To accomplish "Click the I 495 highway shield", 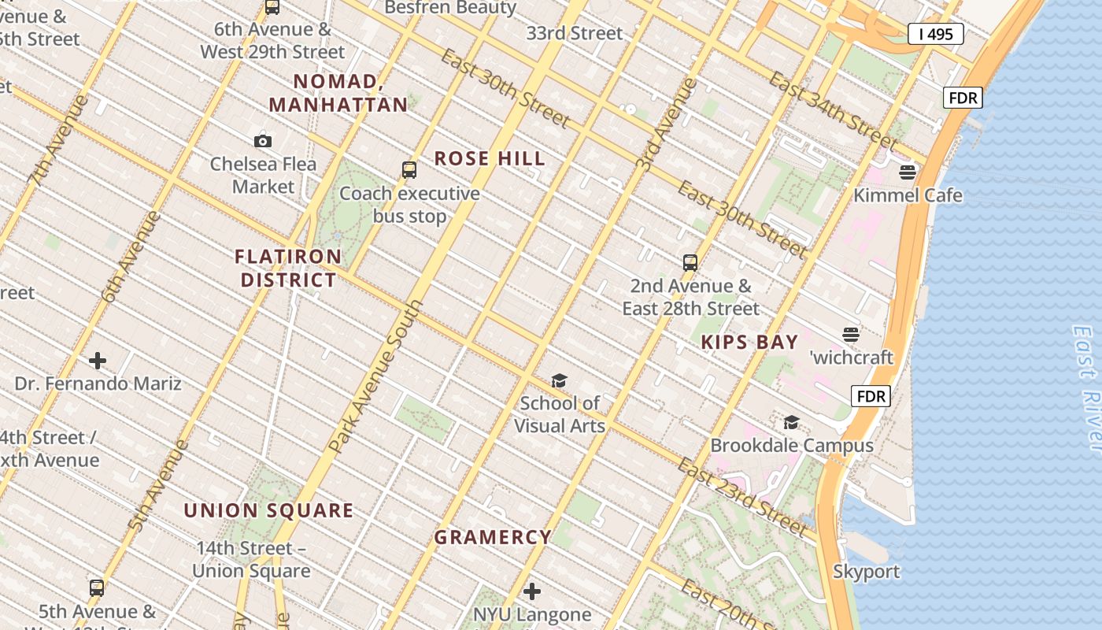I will pyautogui.click(x=935, y=34).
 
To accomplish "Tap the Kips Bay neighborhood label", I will pyautogui.click(x=749, y=343).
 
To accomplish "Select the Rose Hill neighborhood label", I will pyautogui.click(x=490, y=158).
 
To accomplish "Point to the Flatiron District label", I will pyautogui.click(x=289, y=269).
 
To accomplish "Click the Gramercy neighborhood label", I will pyautogui.click(x=493, y=537).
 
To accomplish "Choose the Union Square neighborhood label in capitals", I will pyautogui.click(x=268, y=510).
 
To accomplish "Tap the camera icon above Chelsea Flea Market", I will pyautogui.click(x=263, y=142).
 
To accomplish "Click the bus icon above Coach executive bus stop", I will pyautogui.click(x=409, y=170).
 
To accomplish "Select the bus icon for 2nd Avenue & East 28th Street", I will pyautogui.click(x=690, y=263).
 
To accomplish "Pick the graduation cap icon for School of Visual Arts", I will pyautogui.click(x=559, y=381).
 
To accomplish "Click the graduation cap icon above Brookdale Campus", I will pyautogui.click(x=791, y=423).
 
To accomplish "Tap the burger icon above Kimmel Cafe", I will pyautogui.click(x=908, y=172).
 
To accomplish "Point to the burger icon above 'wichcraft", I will pyautogui.click(x=851, y=335).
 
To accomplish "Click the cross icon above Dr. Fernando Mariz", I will pyautogui.click(x=98, y=361).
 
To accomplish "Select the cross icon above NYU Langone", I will pyautogui.click(x=532, y=591).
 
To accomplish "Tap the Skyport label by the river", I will pyautogui.click(x=866, y=572).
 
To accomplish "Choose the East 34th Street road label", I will pyautogui.click(x=833, y=111).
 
